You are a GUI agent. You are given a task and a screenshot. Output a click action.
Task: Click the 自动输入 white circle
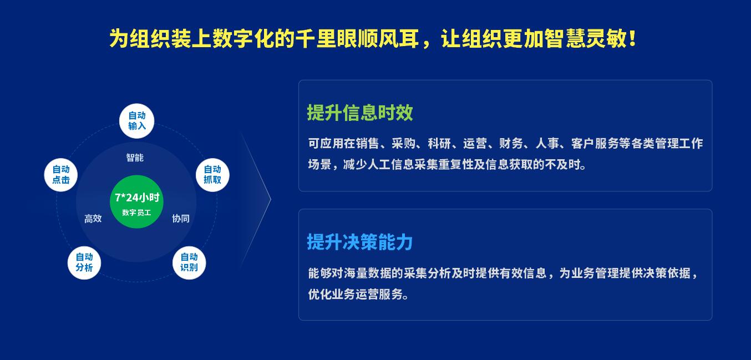(x=137, y=121)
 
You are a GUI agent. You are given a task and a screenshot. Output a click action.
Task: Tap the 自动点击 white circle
(x=60, y=175)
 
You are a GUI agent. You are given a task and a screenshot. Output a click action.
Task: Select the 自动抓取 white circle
(x=212, y=175)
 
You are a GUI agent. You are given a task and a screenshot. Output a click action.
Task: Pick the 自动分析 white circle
(x=84, y=263)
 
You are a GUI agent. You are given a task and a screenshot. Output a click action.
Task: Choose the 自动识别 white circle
(x=189, y=263)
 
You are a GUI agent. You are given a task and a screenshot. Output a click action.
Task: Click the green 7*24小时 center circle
(x=137, y=202)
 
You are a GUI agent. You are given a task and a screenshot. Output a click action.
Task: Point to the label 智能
(x=135, y=158)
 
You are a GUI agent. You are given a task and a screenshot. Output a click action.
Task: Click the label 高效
(x=93, y=219)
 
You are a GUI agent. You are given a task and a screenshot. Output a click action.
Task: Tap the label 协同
(x=181, y=219)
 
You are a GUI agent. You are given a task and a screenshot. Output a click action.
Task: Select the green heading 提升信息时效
(x=360, y=113)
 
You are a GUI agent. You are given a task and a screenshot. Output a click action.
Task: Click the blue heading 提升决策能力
(x=360, y=242)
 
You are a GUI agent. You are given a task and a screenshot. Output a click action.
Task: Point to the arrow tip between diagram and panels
(x=271, y=200)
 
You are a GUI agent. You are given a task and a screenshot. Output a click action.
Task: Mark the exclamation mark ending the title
(x=632, y=38)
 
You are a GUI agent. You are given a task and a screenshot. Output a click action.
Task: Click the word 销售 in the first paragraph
(x=367, y=144)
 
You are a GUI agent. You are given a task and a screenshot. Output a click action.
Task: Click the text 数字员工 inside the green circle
(x=136, y=212)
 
